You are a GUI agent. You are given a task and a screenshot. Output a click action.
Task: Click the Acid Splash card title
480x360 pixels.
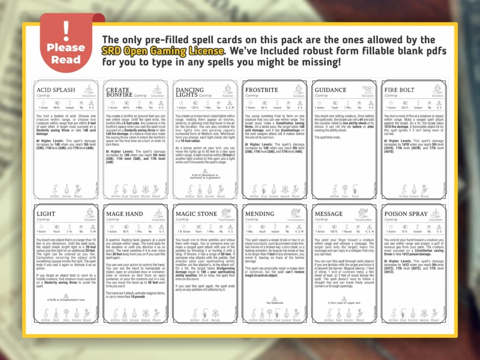click(x=56, y=90)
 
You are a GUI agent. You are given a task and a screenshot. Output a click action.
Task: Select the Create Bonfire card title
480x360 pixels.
click(x=118, y=93)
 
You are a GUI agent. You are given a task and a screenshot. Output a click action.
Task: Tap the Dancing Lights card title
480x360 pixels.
click(x=189, y=93)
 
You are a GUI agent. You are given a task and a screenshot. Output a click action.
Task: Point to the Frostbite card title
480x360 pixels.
click(x=262, y=90)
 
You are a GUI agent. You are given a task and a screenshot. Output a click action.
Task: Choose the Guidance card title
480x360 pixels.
click(x=331, y=90)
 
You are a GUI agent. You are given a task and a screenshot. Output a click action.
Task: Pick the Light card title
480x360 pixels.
click(x=46, y=214)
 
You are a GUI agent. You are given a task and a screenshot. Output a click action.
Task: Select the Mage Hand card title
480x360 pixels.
click(x=125, y=214)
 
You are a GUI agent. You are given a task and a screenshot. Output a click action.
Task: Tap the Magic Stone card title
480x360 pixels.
click(x=196, y=214)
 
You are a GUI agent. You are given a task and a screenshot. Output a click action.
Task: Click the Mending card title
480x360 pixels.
click(x=260, y=214)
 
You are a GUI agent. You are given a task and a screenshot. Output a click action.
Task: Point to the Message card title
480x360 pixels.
click(x=329, y=214)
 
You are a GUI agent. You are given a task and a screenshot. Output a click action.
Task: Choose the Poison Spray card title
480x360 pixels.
click(x=406, y=214)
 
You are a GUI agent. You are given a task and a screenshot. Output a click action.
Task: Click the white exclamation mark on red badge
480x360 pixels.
click(x=66, y=28)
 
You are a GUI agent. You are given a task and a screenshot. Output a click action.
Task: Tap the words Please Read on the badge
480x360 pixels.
click(x=66, y=53)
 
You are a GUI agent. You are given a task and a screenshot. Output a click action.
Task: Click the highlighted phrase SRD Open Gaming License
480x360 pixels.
click(x=163, y=50)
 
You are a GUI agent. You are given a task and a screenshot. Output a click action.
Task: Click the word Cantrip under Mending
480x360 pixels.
click(x=252, y=220)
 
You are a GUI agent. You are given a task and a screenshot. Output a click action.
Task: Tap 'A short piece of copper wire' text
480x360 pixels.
click(x=344, y=303)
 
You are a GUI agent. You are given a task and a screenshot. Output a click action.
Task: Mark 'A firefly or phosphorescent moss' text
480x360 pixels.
click(x=65, y=299)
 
